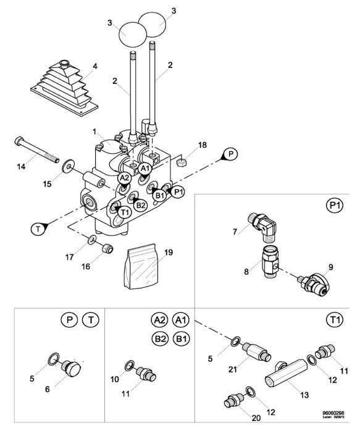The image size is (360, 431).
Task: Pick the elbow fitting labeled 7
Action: click(x=264, y=224)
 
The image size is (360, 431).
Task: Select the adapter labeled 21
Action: click(x=255, y=353)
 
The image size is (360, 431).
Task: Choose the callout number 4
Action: click(x=94, y=65)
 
